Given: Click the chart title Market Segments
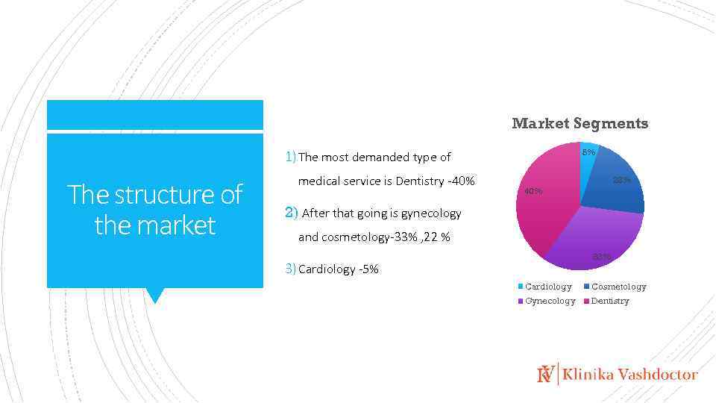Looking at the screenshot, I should point(580,124).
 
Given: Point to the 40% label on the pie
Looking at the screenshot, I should point(533,191).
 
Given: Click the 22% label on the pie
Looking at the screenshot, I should point(621,180).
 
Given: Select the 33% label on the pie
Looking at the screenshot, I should point(601,257).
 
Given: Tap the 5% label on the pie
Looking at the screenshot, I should point(588,152).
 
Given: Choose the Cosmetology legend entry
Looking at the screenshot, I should point(618,287).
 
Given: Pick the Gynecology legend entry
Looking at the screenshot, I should point(550,301).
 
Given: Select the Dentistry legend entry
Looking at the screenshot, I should point(610,301).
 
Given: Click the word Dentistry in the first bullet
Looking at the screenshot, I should point(419,181).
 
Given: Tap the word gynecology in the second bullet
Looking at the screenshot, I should point(431,213).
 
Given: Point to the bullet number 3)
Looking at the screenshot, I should point(291,269).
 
